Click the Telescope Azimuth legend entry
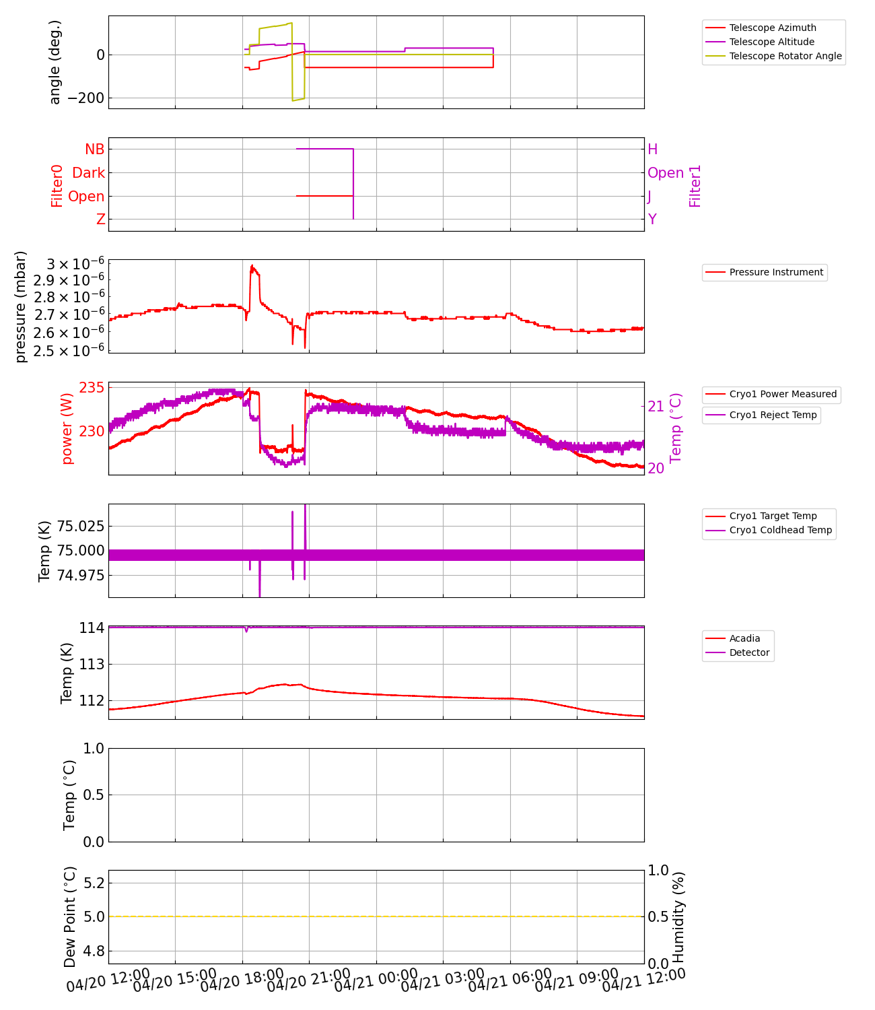[772, 28]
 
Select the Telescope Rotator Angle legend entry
[785, 56]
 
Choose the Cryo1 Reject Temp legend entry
[773, 415]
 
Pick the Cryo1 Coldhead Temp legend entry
[780, 530]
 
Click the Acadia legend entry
[744, 638]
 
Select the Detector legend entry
[749, 652]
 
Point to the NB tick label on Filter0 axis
[94, 149]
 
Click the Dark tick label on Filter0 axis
[88, 173]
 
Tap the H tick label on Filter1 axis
[652, 149]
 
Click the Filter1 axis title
[695, 186]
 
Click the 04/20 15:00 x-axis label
[174, 980]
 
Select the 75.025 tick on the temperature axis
[80, 525]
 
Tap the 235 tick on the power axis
[92, 388]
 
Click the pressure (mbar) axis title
[21, 306]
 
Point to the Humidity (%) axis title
[678, 917]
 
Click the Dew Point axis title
[70, 917]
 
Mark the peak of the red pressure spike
[252, 266]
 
